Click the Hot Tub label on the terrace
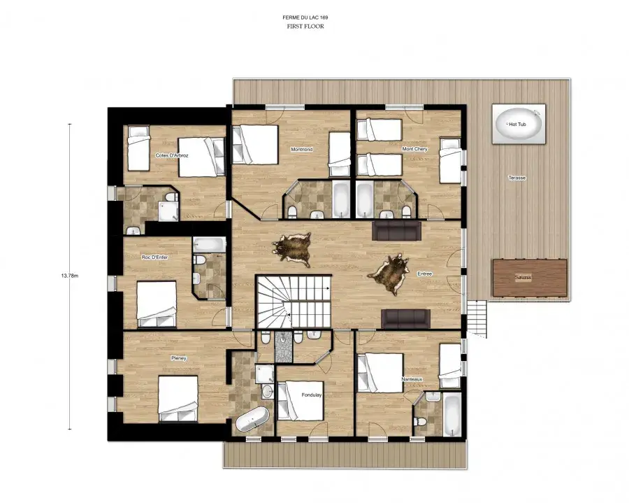click(517, 125)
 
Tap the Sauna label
click(523, 278)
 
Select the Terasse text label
click(516, 178)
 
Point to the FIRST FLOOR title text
click(305, 27)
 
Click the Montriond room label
click(302, 149)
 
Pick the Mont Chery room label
click(414, 149)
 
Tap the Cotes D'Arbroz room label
click(172, 155)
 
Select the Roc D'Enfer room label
click(155, 257)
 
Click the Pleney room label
click(178, 358)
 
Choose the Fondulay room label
click(312, 395)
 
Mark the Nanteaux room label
click(412, 379)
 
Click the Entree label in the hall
click(425, 274)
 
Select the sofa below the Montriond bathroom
click(397, 230)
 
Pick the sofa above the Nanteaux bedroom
click(405, 319)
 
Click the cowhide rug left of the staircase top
click(291, 250)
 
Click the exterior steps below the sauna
click(477, 319)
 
